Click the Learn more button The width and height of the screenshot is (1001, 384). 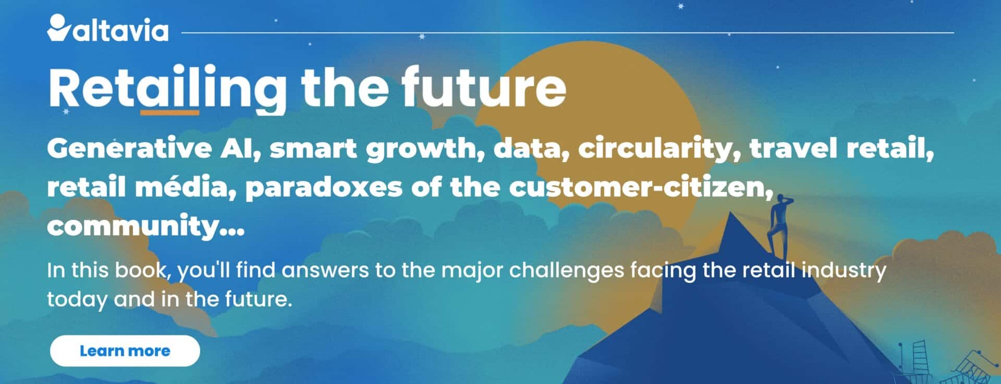125,351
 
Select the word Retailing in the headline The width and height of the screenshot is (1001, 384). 167,87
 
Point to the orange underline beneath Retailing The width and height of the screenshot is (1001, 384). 170,112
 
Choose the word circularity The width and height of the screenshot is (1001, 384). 660,150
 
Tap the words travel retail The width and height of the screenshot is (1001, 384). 841,149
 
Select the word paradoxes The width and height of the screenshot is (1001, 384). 323,187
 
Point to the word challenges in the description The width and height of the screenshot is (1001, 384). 566,271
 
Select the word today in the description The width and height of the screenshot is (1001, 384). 77,299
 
